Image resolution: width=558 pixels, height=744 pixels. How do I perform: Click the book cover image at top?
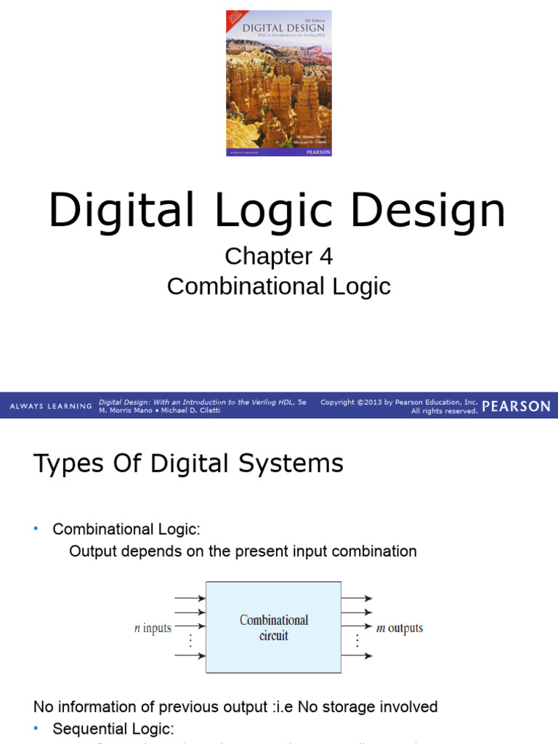click(x=279, y=83)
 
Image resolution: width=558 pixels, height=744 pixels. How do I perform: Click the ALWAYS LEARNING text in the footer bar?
click(x=51, y=406)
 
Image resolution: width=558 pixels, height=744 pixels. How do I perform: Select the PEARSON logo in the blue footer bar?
click(x=517, y=406)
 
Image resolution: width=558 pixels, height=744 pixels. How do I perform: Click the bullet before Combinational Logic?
click(x=36, y=529)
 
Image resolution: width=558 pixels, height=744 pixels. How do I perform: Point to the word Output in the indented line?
click(x=93, y=551)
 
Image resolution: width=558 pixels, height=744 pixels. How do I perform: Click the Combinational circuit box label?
click(x=274, y=628)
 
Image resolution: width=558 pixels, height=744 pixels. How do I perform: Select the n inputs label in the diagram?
click(x=153, y=628)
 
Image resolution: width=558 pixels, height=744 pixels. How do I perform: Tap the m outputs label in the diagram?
click(x=399, y=628)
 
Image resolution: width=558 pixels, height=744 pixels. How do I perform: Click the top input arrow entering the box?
click(x=190, y=599)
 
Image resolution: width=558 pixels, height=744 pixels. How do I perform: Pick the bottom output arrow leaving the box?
click(x=357, y=656)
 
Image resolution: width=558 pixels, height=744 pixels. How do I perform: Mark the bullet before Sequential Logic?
click(x=36, y=727)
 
